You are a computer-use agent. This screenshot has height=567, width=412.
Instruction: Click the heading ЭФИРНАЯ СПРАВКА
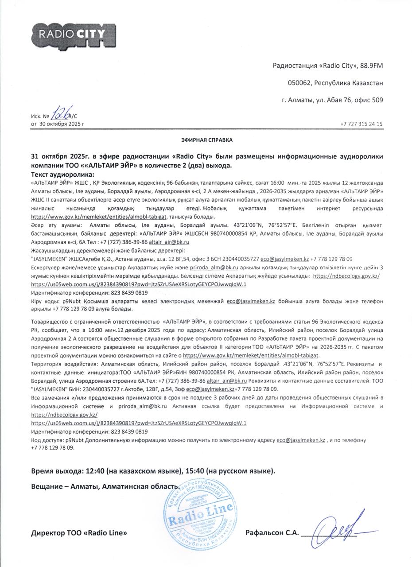click(x=206, y=140)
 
